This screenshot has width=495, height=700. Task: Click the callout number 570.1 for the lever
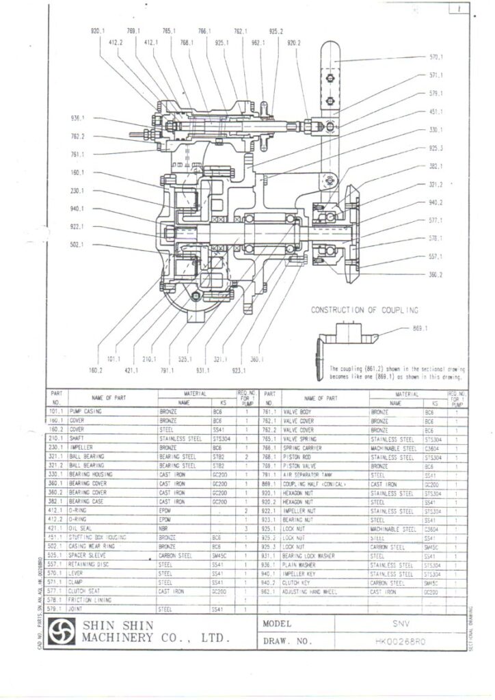[436, 57]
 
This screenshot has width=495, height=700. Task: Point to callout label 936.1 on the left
[77, 118]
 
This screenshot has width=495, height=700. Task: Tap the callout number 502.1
[77, 245]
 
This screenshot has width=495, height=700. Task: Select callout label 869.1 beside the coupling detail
[420, 329]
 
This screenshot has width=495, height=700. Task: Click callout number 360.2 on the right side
[436, 275]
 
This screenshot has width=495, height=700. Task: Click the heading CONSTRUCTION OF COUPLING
[364, 310]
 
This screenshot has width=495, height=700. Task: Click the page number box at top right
[459, 10]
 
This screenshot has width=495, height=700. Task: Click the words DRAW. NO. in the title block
[287, 642]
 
